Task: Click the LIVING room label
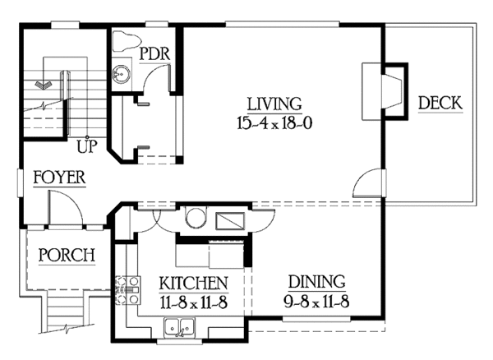pyautogui.click(x=274, y=104)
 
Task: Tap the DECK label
pyautogui.click(x=440, y=103)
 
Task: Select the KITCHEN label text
pyautogui.click(x=193, y=283)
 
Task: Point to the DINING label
pyautogui.click(x=316, y=282)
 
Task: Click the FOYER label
pyautogui.click(x=59, y=178)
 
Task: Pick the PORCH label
pyautogui.click(x=67, y=255)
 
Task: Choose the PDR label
pyautogui.click(x=154, y=53)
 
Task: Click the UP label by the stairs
pyautogui.click(x=87, y=145)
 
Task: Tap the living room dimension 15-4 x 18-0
pyautogui.click(x=274, y=123)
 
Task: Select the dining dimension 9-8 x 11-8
pyautogui.click(x=316, y=302)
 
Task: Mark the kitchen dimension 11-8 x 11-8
pyautogui.click(x=193, y=302)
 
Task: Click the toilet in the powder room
pyautogui.click(x=126, y=40)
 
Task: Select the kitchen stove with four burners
pyautogui.click(x=128, y=290)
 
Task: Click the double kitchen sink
pyautogui.click(x=179, y=328)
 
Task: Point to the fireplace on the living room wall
pyautogui.click(x=385, y=91)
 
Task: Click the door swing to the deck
pyautogui.click(x=366, y=183)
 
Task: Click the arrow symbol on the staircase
pyautogui.click(x=44, y=85)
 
